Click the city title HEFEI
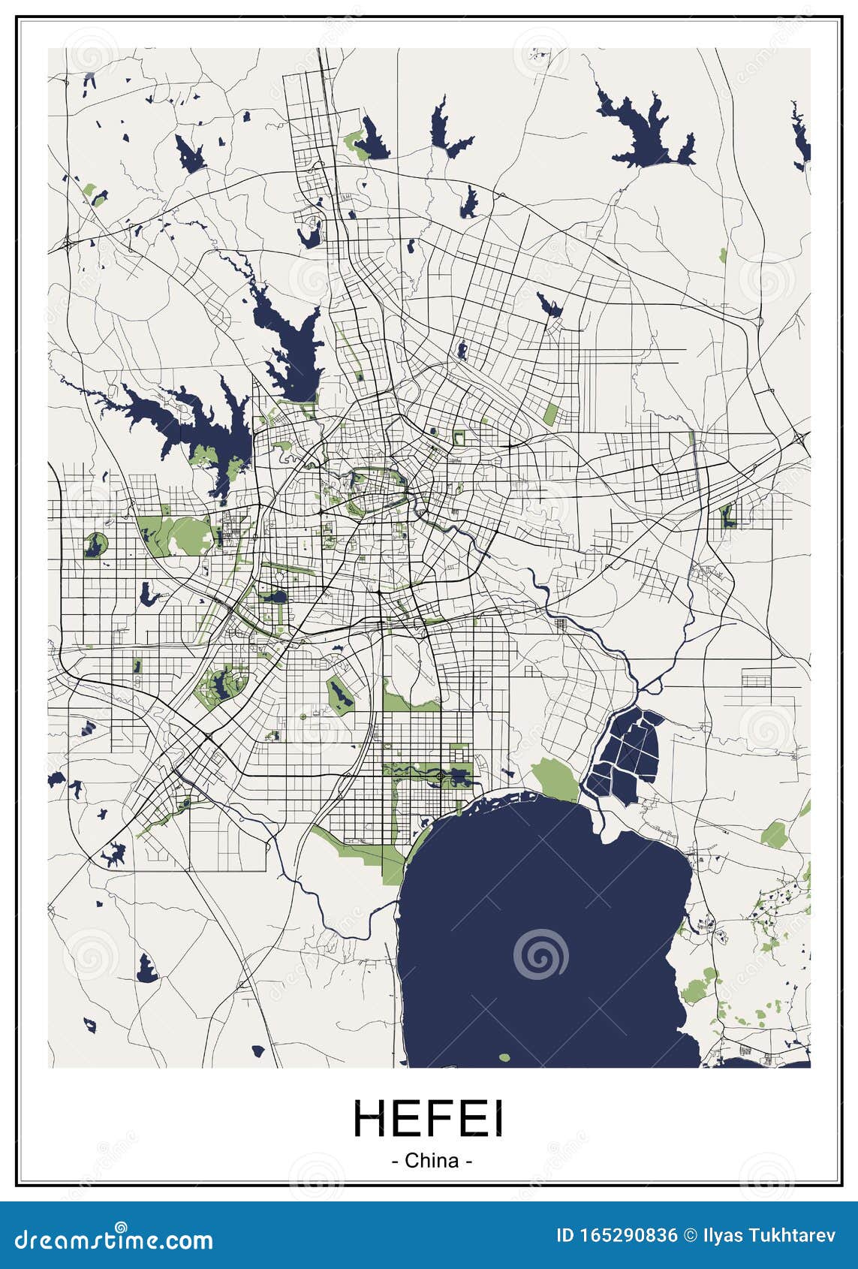pos(429,1119)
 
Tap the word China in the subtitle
pos(432,1160)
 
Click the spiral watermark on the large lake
pos(540,954)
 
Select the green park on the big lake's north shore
pos(555,777)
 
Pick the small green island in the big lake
pos(504,1058)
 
